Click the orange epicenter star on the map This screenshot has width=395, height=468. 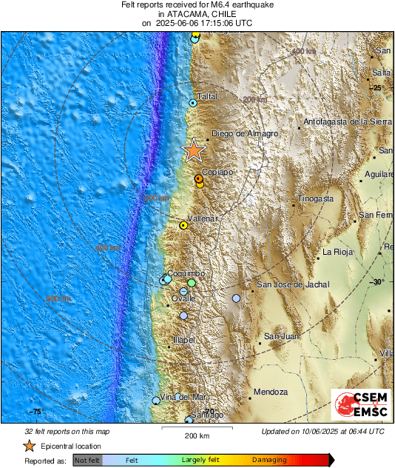[194, 150]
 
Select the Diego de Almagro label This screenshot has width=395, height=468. [245, 134]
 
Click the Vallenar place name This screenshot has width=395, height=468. [201, 219]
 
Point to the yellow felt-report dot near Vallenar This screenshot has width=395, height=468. [183, 225]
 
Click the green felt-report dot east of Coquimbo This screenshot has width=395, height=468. [192, 283]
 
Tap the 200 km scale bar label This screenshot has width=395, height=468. [197, 435]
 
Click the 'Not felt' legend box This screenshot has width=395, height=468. [86, 460]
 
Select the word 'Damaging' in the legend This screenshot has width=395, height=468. [269, 460]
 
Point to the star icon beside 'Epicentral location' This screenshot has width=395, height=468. [29, 446]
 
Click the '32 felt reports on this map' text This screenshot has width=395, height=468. [67, 431]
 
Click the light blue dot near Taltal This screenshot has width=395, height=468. [192, 104]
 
